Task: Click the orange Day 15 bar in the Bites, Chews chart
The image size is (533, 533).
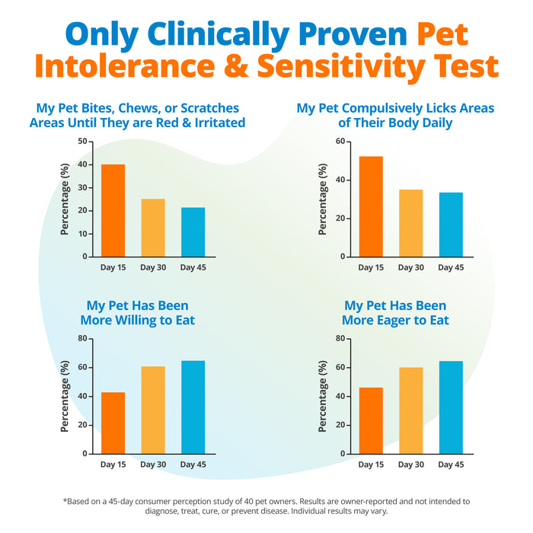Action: (x=113, y=210)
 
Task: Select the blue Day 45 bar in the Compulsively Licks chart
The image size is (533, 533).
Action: (x=451, y=225)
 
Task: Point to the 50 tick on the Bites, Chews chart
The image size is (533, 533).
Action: (x=82, y=142)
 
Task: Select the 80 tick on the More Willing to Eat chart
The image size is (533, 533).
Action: (x=82, y=338)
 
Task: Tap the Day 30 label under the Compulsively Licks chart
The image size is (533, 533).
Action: (x=411, y=268)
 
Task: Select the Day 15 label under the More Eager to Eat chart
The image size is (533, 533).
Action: (x=371, y=464)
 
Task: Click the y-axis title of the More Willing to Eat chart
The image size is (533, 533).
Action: (x=65, y=396)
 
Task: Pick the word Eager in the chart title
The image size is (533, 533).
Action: (x=392, y=321)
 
